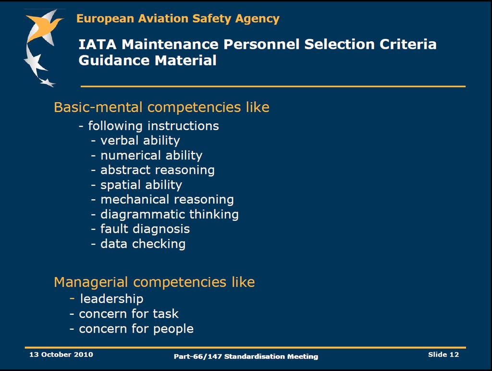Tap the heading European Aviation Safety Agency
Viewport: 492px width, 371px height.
pyautogui.click(x=178, y=19)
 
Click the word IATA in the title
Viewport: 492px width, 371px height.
pyautogui.click(x=97, y=44)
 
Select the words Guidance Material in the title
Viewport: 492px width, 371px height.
pyautogui.click(x=148, y=60)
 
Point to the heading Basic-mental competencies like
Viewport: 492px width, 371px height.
pyautogui.click(x=161, y=107)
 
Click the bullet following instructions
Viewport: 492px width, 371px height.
pyautogui.click(x=149, y=126)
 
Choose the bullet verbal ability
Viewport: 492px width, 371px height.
pyautogui.click(x=135, y=140)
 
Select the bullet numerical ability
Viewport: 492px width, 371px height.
pyautogui.click(x=147, y=155)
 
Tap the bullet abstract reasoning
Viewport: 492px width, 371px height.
pyautogui.click(x=153, y=170)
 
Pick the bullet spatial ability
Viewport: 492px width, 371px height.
pyautogui.click(x=136, y=185)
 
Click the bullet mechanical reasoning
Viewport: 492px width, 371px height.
pyautogui.click(x=162, y=199)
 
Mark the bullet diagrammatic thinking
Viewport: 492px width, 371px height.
pyautogui.click(x=165, y=215)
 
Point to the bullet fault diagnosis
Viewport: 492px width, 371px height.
pyautogui.click(x=140, y=229)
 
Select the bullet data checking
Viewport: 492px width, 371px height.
pyautogui.click(x=138, y=244)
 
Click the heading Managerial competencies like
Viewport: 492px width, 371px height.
pyautogui.click(x=154, y=282)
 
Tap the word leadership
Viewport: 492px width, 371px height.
pyautogui.click(x=111, y=299)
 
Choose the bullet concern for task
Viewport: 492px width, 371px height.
pyautogui.click(x=124, y=314)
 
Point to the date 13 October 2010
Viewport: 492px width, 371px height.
pyautogui.click(x=61, y=354)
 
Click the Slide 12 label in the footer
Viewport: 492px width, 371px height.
pyautogui.click(x=443, y=354)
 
